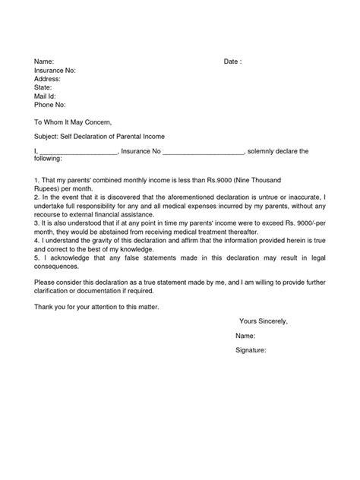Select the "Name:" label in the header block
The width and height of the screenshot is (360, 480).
(44, 61)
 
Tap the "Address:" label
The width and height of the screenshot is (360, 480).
(48, 78)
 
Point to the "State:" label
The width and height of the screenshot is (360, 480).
(43, 87)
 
